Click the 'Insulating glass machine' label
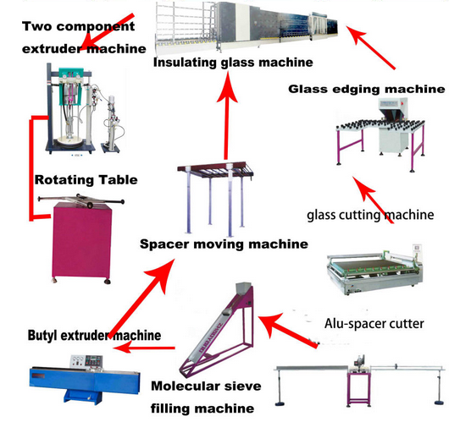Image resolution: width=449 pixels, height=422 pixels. pos(233,63)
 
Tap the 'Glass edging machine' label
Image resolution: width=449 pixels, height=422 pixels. pos(367,89)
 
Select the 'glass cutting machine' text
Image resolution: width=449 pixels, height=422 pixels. pos(370,215)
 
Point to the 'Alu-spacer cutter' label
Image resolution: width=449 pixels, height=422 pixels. pos(374,324)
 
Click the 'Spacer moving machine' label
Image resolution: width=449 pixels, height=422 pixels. pos(224,244)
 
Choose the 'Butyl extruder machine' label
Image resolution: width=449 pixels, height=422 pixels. pos(94,335)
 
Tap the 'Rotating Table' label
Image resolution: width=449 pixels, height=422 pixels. pos(86,180)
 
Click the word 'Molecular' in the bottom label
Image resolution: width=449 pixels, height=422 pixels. pos(182,386)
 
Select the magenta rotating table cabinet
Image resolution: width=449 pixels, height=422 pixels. pos(81,240)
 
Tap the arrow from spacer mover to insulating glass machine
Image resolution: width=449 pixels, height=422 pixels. pos(226,115)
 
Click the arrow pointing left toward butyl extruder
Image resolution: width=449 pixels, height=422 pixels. pos(144,348)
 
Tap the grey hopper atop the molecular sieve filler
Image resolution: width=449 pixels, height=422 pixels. pos(244,288)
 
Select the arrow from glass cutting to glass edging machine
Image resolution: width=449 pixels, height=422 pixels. pos(373,200)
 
